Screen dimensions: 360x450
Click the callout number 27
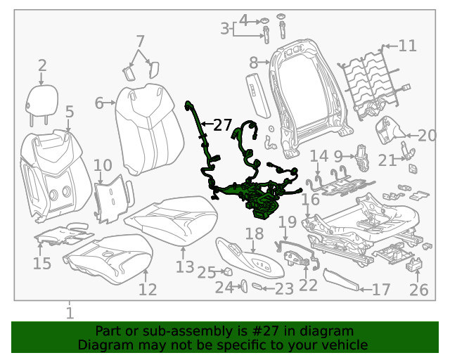[222, 125]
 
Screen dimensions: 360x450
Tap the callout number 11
[407, 46]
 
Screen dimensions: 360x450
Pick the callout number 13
[184, 266]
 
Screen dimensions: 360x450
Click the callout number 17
[380, 289]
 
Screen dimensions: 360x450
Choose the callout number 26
[418, 289]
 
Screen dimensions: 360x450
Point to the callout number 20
[427, 136]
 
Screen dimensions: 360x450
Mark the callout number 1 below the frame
[70, 312]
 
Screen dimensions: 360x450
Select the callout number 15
[42, 264]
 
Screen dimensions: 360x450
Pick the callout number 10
[103, 166]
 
